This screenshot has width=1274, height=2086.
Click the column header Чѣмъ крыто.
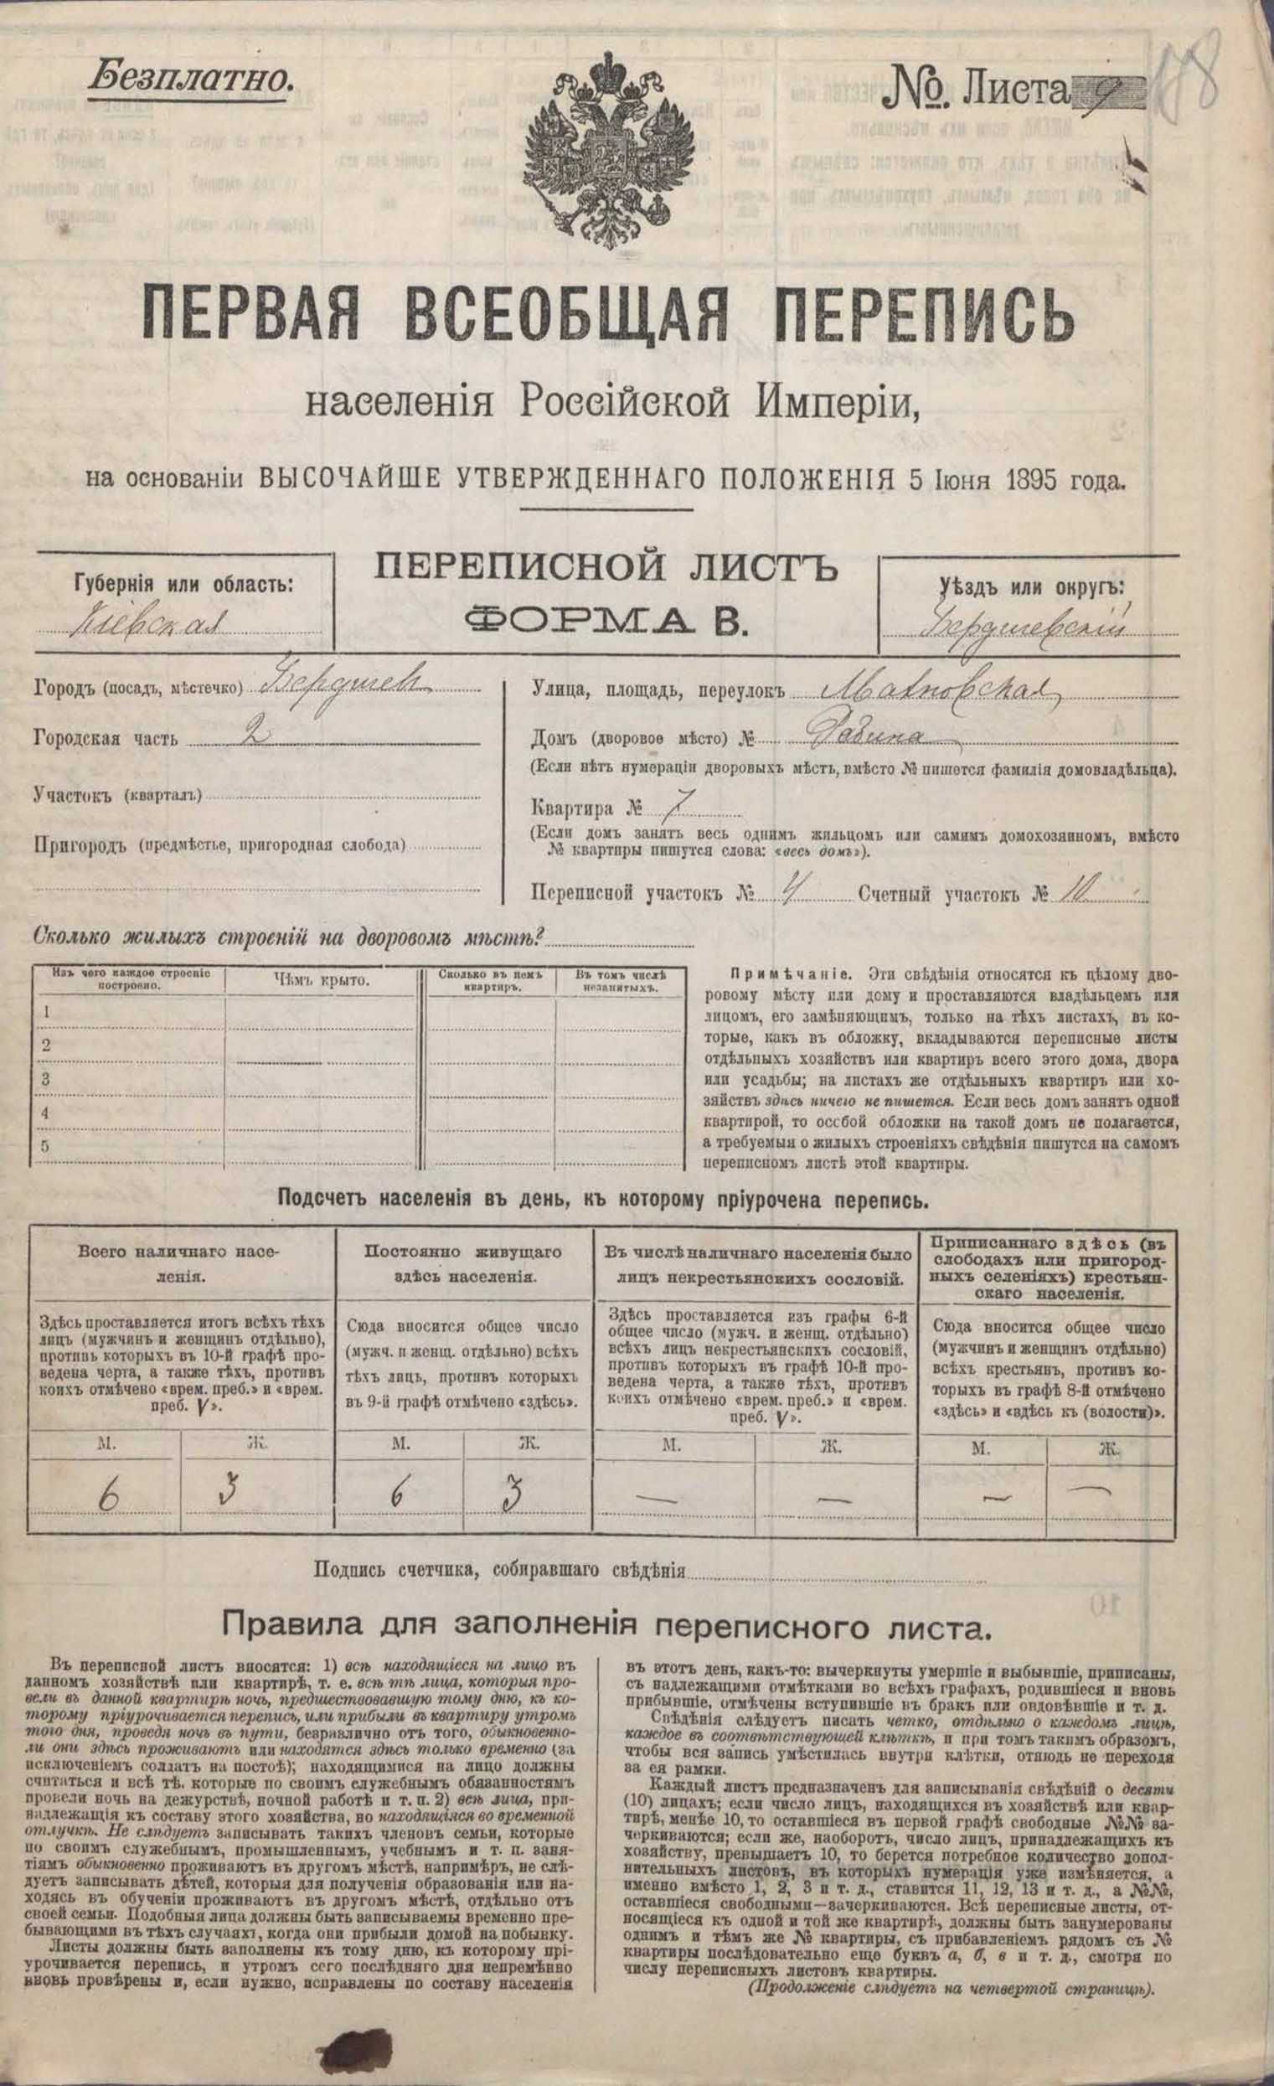pos(322,980)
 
